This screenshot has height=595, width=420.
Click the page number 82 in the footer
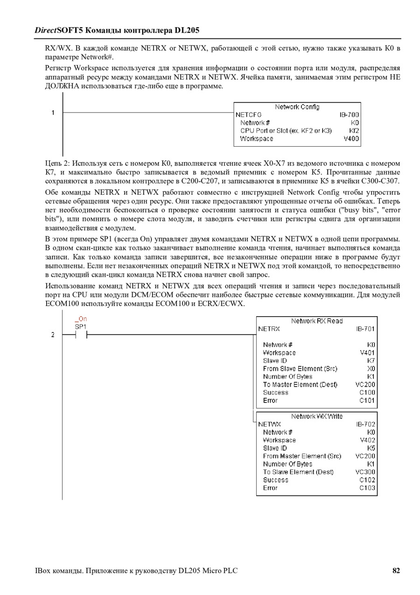(x=396, y=570)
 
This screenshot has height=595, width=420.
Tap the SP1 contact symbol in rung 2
(x=81, y=335)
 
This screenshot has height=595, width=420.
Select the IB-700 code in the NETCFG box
(x=349, y=115)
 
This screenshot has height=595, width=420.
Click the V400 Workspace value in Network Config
(x=351, y=139)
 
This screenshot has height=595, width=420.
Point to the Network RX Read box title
(x=317, y=321)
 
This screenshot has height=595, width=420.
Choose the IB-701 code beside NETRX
(x=365, y=329)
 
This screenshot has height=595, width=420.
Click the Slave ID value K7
(x=371, y=361)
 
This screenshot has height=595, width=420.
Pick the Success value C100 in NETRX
(x=367, y=392)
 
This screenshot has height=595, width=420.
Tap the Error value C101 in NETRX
(x=367, y=400)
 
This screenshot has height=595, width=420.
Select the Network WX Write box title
(x=317, y=416)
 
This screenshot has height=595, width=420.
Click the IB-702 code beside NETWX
(x=365, y=425)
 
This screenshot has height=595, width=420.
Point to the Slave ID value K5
(x=371, y=448)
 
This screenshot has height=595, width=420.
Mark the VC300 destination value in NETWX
(x=365, y=472)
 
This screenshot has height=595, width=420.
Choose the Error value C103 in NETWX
(x=367, y=488)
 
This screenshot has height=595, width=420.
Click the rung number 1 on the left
(x=53, y=113)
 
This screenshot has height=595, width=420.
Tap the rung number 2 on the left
(x=53, y=335)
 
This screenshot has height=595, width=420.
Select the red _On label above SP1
(x=81, y=319)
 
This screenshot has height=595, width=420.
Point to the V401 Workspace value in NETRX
(x=367, y=353)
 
